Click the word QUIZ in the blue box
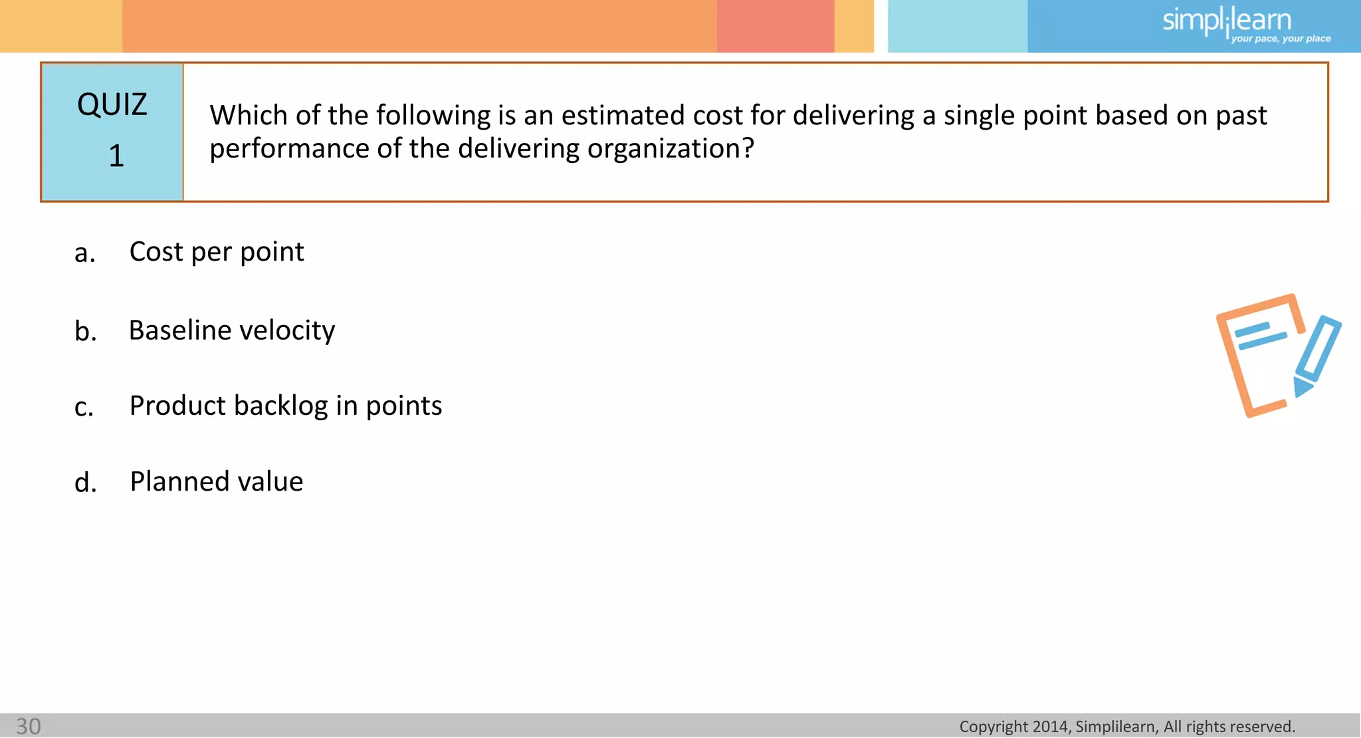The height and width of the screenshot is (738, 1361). coord(112,105)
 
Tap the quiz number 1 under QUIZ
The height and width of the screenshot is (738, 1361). coord(116,156)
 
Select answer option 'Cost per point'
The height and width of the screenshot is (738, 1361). coord(217,252)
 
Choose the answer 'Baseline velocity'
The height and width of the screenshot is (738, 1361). coord(232,330)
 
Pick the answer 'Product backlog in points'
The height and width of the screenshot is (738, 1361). coord(286,406)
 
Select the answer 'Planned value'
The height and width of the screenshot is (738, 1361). coord(217,481)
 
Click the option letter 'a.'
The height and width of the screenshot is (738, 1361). coord(85,253)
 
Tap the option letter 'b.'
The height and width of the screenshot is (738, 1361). coord(86,331)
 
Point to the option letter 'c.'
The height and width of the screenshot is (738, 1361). coord(84,407)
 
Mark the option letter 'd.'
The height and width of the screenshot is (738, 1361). coord(86,483)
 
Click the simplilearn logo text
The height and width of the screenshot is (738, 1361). coord(1226,20)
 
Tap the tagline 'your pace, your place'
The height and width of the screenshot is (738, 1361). coord(1281,39)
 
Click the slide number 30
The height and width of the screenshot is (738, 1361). coord(29,726)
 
